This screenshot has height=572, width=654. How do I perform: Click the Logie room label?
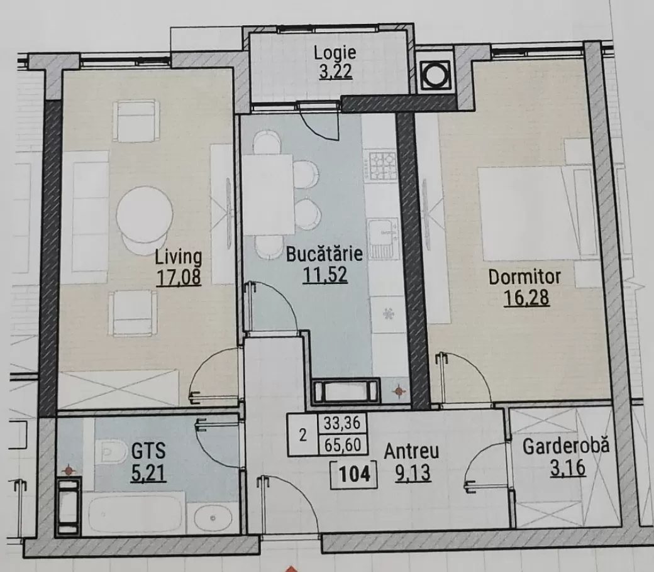[x=335, y=53]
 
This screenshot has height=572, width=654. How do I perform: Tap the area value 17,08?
[x=179, y=277]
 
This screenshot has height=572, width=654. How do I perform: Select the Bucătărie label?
[x=324, y=254]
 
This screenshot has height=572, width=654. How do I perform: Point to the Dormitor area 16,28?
[x=526, y=298]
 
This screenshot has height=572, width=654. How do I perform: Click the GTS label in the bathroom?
[x=148, y=451]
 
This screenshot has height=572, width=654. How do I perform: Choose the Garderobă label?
[x=566, y=446]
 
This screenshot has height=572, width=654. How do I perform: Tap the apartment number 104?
[x=354, y=475]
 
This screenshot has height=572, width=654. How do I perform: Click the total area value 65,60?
[x=343, y=445]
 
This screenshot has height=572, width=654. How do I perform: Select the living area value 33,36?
[x=342, y=424]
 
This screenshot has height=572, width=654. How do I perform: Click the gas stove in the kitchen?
[x=382, y=165]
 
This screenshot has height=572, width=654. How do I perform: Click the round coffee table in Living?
[x=145, y=214]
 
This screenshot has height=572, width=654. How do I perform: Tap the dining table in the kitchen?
[x=268, y=194]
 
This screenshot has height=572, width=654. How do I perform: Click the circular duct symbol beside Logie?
[x=435, y=75]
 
